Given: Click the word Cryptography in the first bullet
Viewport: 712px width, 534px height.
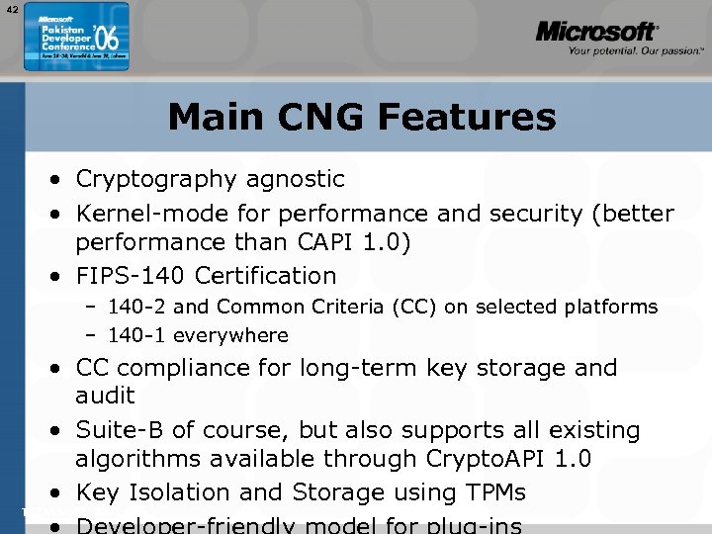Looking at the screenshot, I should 154,179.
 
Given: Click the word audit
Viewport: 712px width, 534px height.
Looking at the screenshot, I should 105,396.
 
